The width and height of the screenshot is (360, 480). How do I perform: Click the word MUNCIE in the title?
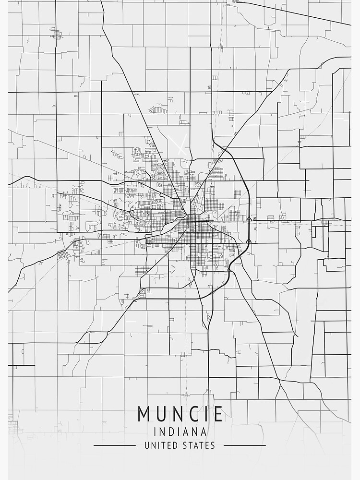click(x=180, y=414)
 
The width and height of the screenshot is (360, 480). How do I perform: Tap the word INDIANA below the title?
click(x=180, y=432)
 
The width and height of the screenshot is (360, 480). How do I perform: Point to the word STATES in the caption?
click(x=199, y=445)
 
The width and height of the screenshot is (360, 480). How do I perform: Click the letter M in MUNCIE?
click(x=144, y=414)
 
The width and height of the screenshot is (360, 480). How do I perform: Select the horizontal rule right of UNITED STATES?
click(x=244, y=445)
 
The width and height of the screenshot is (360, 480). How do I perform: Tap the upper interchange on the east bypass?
click(x=249, y=219)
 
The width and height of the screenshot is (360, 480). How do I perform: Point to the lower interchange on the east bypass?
click(x=248, y=241)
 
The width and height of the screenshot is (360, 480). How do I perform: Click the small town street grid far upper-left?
click(x=57, y=34)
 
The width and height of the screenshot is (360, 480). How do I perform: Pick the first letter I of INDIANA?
click(x=155, y=432)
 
